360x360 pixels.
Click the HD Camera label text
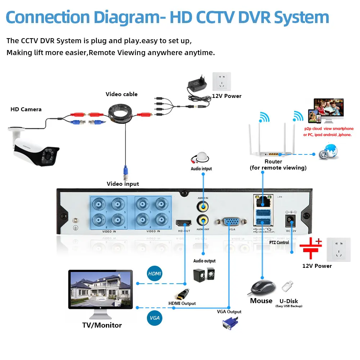(x=26, y=109)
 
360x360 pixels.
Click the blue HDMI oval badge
(x=155, y=274)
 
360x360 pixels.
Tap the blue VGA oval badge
(x=155, y=318)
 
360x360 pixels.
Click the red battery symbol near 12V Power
(x=311, y=248)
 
